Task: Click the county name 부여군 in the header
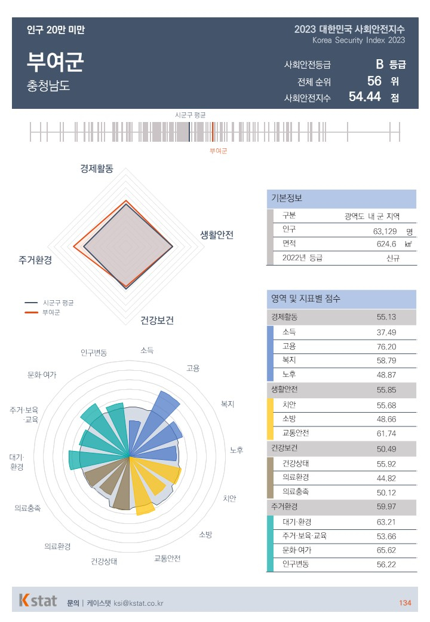(55, 62)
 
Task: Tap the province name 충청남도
(48, 85)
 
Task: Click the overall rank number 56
(374, 81)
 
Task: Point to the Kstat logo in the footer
(38, 600)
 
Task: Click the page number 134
(405, 603)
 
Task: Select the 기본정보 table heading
(287, 199)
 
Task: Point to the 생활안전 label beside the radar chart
(217, 234)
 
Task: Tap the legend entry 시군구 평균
(58, 303)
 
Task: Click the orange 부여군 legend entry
(51, 312)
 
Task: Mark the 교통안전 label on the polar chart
(167, 559)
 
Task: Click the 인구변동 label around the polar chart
(94, 352)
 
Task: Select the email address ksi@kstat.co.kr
(139, 603)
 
